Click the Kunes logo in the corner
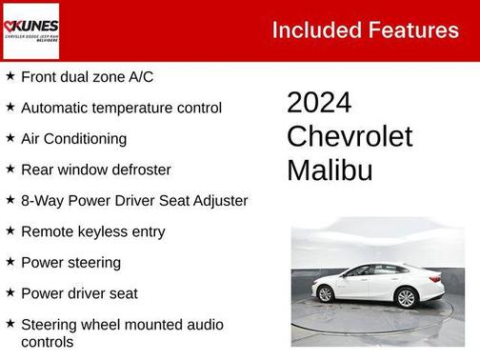click(x=30, y=30)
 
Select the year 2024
click(x=319, y=103)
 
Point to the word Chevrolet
click(x=350, y=136)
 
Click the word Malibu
click(x=330, y=170)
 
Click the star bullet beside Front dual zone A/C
click(x=10, y=76)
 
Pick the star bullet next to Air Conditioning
click(x=10, y=138)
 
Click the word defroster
click(x=138, y=170)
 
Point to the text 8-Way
click(x=41, y=201)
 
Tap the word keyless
click(x=104, y=231)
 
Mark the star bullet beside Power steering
click(x=10, y=262)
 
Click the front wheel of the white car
click(x=326, y=293)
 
